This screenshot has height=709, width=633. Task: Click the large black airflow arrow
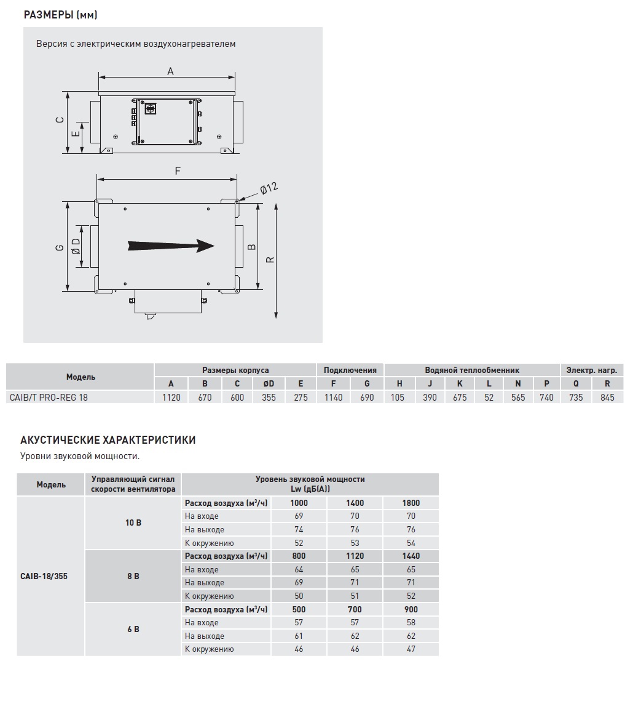coord(171,246)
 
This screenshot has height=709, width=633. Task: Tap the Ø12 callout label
coord(269,188)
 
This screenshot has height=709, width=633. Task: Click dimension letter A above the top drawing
coord(170,71)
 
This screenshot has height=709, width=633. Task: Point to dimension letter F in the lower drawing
coord(178,171)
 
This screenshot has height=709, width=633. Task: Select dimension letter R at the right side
coord(270,260)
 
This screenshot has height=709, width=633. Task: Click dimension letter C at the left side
coord(59,121)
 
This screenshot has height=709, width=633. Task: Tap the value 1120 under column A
coord(171,398)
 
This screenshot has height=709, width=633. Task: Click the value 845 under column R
coord(607,398)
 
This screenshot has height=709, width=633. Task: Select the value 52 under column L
coord(489,398)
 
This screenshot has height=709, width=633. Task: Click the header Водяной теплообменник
coord(472,371)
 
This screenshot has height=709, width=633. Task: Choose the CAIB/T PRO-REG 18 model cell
coord(49,398)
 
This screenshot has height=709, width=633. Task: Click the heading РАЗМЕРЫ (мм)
coord(60,15)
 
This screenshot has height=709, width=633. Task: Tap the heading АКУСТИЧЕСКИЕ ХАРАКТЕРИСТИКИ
coord(108,440)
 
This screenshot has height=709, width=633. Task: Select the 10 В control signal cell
coord(133,523)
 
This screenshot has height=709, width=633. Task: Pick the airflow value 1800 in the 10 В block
coord(411,503)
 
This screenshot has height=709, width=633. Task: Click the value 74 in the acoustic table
coord(299,530)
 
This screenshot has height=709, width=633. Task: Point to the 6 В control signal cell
coord(133,629)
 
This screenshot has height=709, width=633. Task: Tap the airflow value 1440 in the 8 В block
coord(411,556)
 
